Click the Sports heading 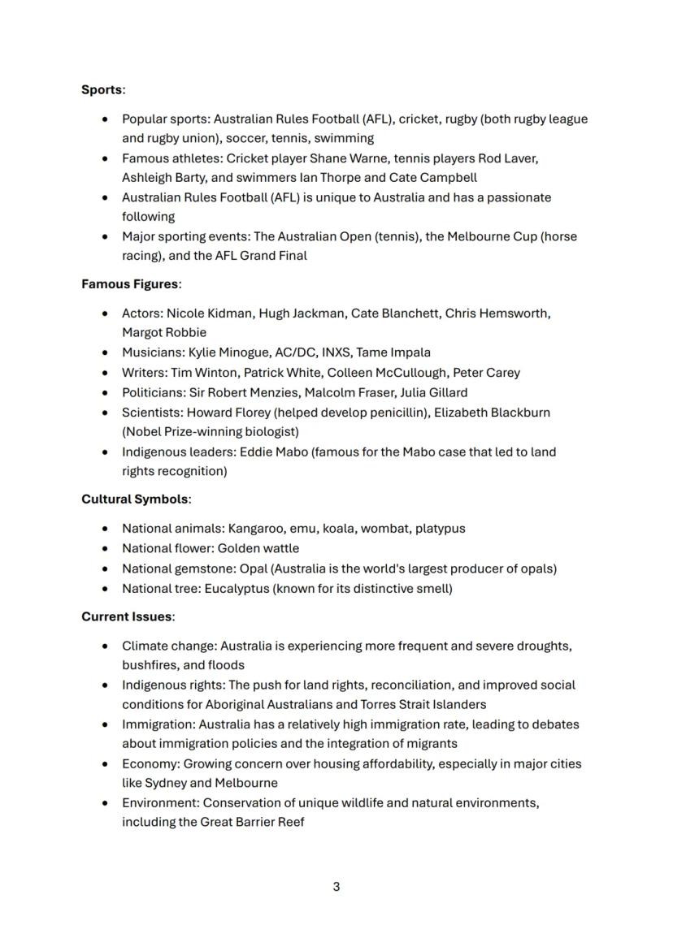(102, 89)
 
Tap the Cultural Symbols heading (134, 499)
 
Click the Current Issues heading (126, 616)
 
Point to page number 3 (336, 886)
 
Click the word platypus (440, 529)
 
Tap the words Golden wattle (258, 548)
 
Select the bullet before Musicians (105, 352)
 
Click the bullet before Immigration (105, 724)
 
